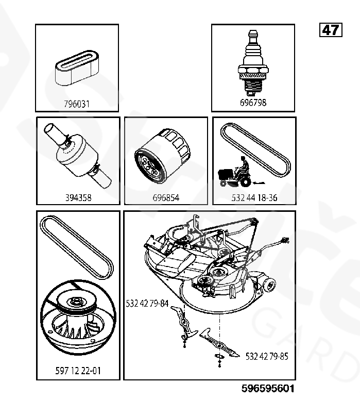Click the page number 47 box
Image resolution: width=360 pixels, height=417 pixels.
pos(331,30)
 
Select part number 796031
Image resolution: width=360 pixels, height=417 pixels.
pos(77,104)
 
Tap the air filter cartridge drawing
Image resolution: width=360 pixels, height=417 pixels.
pos(77,68)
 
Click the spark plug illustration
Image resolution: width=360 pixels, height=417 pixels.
pos(253,63)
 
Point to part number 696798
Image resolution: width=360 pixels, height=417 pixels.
pos(253,103)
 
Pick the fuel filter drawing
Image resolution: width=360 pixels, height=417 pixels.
pos(78,156)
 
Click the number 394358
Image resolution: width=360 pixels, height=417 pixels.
pos(78,197)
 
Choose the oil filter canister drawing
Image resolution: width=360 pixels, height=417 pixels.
pos(163,156)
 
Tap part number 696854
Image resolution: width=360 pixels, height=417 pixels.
pos(166,197)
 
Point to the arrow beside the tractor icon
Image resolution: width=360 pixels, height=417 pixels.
pos(259,183)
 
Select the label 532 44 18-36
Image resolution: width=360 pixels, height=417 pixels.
pos(254,197)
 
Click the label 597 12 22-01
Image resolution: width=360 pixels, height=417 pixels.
pos(78,371)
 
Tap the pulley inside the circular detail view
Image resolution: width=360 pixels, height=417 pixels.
pos(77,304)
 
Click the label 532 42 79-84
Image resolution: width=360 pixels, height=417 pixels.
pos(147,303)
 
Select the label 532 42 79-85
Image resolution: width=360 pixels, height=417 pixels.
pos(267,356)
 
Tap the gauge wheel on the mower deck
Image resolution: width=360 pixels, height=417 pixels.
pos(269,286)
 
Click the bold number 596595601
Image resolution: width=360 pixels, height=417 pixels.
pos(268,389)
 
